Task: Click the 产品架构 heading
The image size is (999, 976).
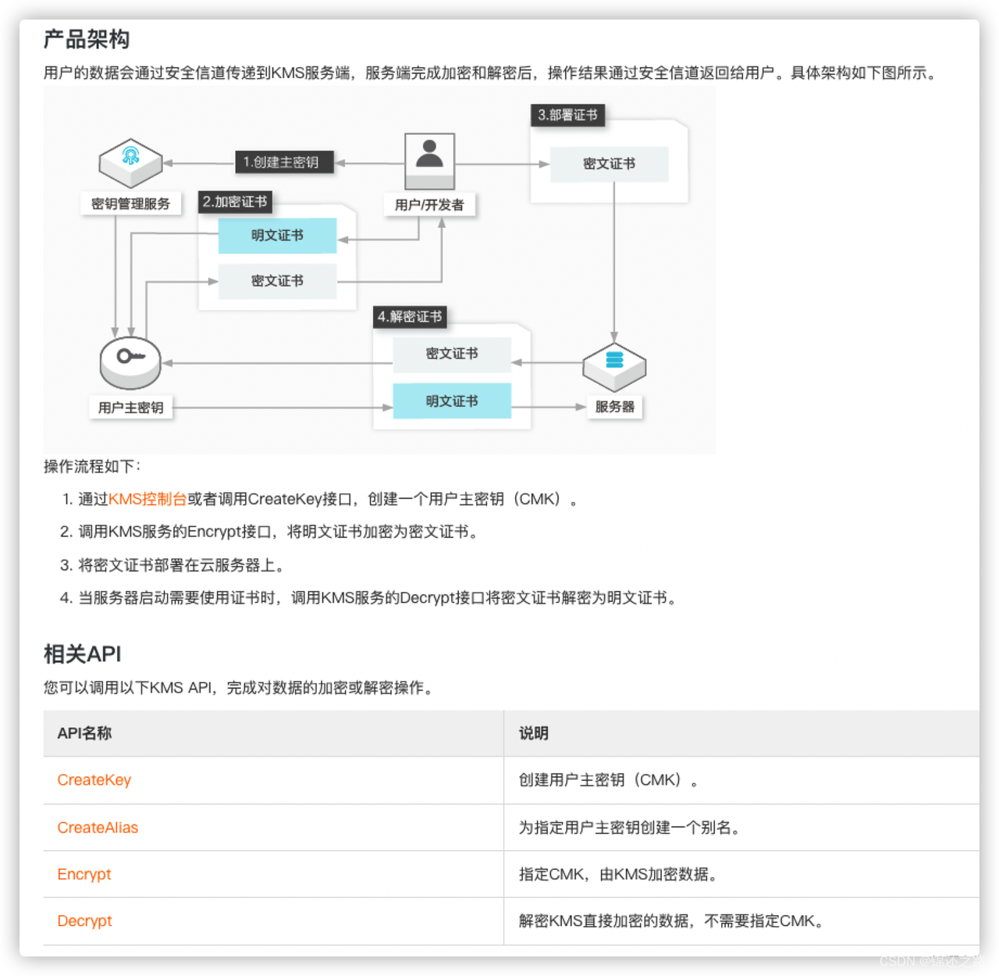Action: pos(87,39)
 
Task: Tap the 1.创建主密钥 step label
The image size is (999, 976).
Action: pos(281,162)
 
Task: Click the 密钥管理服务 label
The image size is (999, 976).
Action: pos(130,204)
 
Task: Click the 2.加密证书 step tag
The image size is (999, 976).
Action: pos(235,201)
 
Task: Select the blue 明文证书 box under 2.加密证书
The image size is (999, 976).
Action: pos(277,235)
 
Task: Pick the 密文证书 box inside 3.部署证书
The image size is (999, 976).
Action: pos(609,164)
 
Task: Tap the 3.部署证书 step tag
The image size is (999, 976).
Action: pos(567,115)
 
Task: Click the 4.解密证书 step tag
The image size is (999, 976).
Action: pos(410,316)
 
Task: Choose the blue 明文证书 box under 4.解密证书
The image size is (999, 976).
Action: pos(452,401)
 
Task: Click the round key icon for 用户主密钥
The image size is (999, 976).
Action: pos(130,362)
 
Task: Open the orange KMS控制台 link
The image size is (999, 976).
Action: pos(148,499)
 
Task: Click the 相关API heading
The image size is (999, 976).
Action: pos(83,654)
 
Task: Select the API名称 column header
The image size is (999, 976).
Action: pos(84,733)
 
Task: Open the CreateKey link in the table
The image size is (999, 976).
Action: pos(94,780)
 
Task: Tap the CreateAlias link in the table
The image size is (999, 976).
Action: pos(98,828)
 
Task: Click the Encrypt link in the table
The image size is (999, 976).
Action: pos(84,874)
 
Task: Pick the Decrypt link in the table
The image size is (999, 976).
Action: pos(84,921)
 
